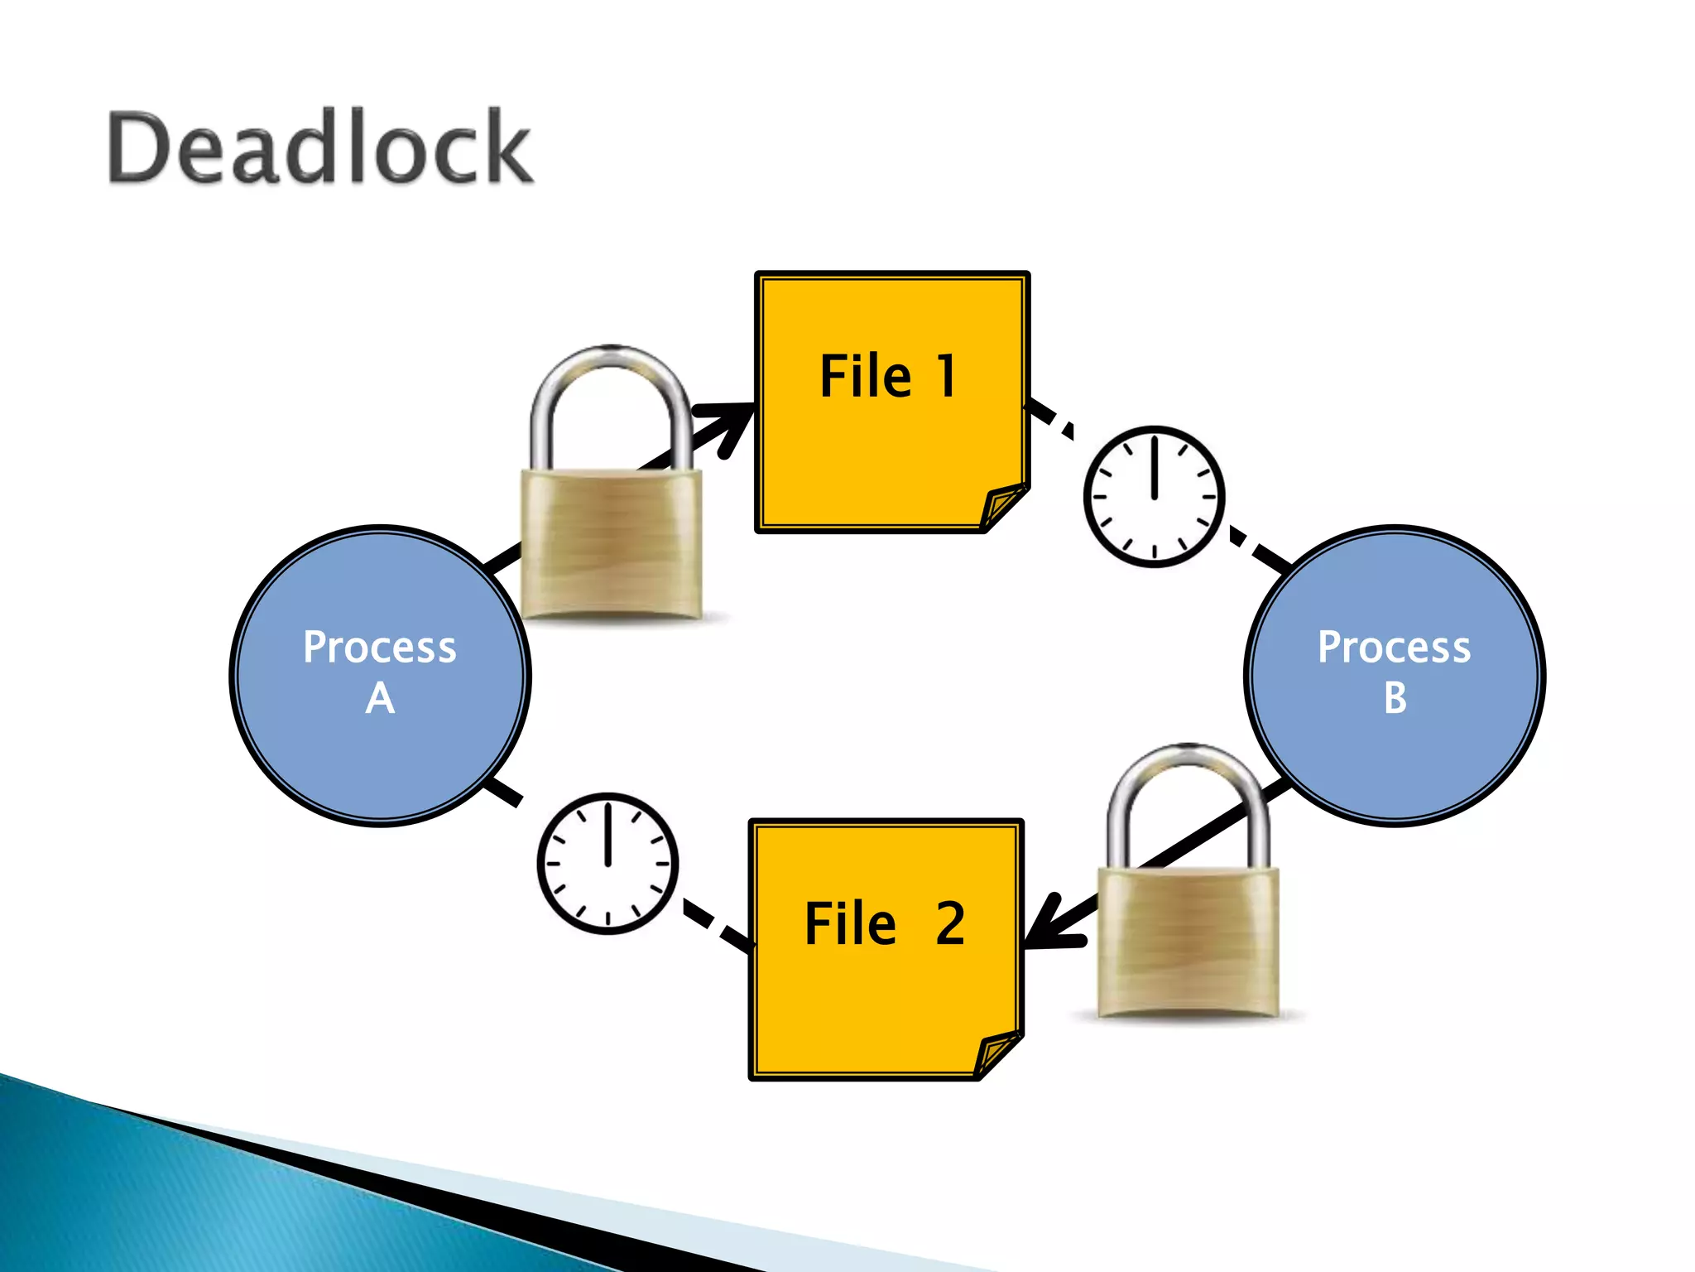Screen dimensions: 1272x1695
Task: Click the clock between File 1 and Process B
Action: (1154, 497)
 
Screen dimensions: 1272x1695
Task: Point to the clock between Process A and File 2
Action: (607, 863)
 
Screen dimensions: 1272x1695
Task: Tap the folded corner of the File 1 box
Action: (1003, 506)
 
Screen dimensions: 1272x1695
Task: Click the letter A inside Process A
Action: (380, 698)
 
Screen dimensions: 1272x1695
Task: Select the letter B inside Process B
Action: (1395, 698)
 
